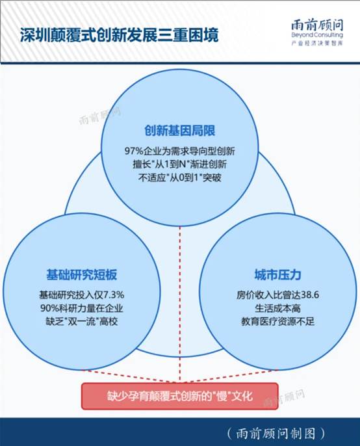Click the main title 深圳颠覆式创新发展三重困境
pyautogui.click(x=120, y=35)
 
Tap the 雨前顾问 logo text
pyautogui.click(x=317, y=25)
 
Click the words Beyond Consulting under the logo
pyautogui.click(x=317, y=35)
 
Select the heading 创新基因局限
pyautogui.click(x=180, y=131)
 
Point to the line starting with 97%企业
pyautogui.click(x=180, y=151)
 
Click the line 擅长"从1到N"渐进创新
pyautogui.click(x=180, y=164)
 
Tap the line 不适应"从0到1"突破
pyautogui.click(x=180, y=177)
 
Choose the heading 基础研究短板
pyautogui.click(x=82, y=274)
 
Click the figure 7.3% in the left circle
pyautogui.click(x=114, y=295)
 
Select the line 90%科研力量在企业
pyautogui.click(x=82, y=308)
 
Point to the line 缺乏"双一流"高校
pyautogui.click(x=82, y=321)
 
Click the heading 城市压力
pyautogui.click(x=277, y=274)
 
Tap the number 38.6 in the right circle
pyautogui.click(x=310, y=295)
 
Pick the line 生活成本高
pyautogui.click(x=277, y=308)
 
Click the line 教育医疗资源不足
pyautogui.click(x=277, y=321)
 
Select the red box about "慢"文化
pyautogui.click(x=180, y=396)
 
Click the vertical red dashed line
pyautogui.click(x=180, y=304)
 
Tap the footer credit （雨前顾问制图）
pyautogui.click(x=276, y=433)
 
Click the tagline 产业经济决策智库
pyautogui.click(x=317, y=43)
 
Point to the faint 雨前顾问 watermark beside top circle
pyautogui.click(x=99, y=116)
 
